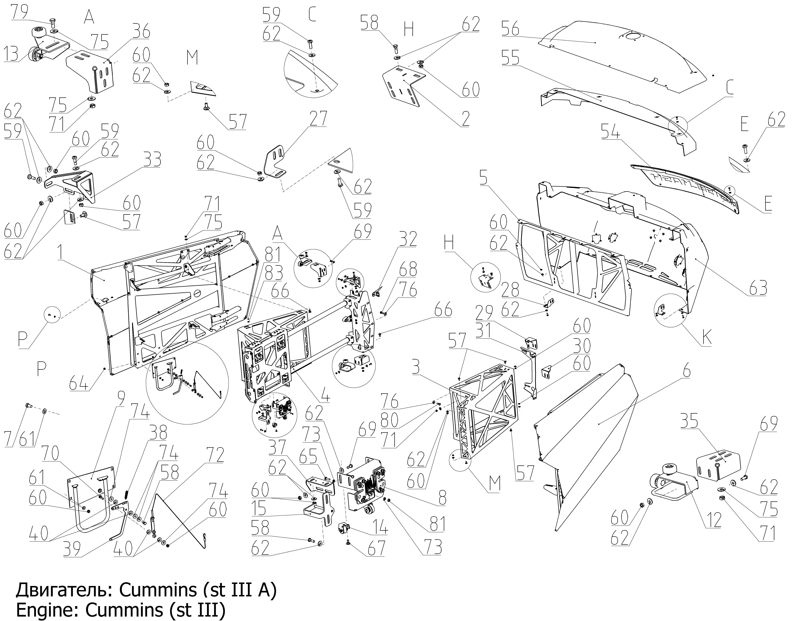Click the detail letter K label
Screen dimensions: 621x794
pyautogui.click(x=706, y=338)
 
